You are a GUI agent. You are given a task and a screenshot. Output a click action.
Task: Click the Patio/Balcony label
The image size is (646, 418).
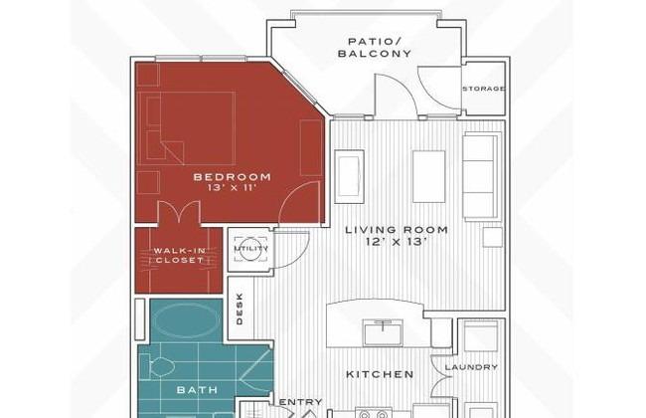[x=375, y=48]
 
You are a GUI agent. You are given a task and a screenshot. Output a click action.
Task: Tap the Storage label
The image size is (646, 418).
[x=484, y=89]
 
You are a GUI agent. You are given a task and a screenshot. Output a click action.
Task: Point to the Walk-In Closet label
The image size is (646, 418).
[x=180, y=256]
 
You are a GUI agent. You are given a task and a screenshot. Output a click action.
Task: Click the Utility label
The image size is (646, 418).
[x=251, y=249]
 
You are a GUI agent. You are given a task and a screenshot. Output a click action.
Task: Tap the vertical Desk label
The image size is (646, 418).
[x=240, y=309]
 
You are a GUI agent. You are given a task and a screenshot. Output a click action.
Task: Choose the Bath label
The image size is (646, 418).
[x=198, y=390]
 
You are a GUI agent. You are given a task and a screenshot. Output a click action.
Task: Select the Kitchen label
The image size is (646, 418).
[x=380, y=374]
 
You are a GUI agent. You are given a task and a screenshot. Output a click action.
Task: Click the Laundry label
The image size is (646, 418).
[x=472, y=367]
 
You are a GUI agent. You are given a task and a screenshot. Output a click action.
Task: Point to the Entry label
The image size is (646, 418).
[x=301, y=402]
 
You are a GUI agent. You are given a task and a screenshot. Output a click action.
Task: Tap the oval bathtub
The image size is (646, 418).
[x=187, y=320]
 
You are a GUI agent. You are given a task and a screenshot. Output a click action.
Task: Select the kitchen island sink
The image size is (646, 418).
[x=383, y=332]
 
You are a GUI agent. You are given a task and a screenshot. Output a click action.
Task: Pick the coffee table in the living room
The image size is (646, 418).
[x=429, y=176]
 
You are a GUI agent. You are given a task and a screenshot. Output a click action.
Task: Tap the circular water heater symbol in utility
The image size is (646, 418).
[x=251, y=249]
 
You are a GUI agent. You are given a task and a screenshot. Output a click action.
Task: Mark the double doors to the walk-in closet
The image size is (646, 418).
[x=179, y=213]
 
